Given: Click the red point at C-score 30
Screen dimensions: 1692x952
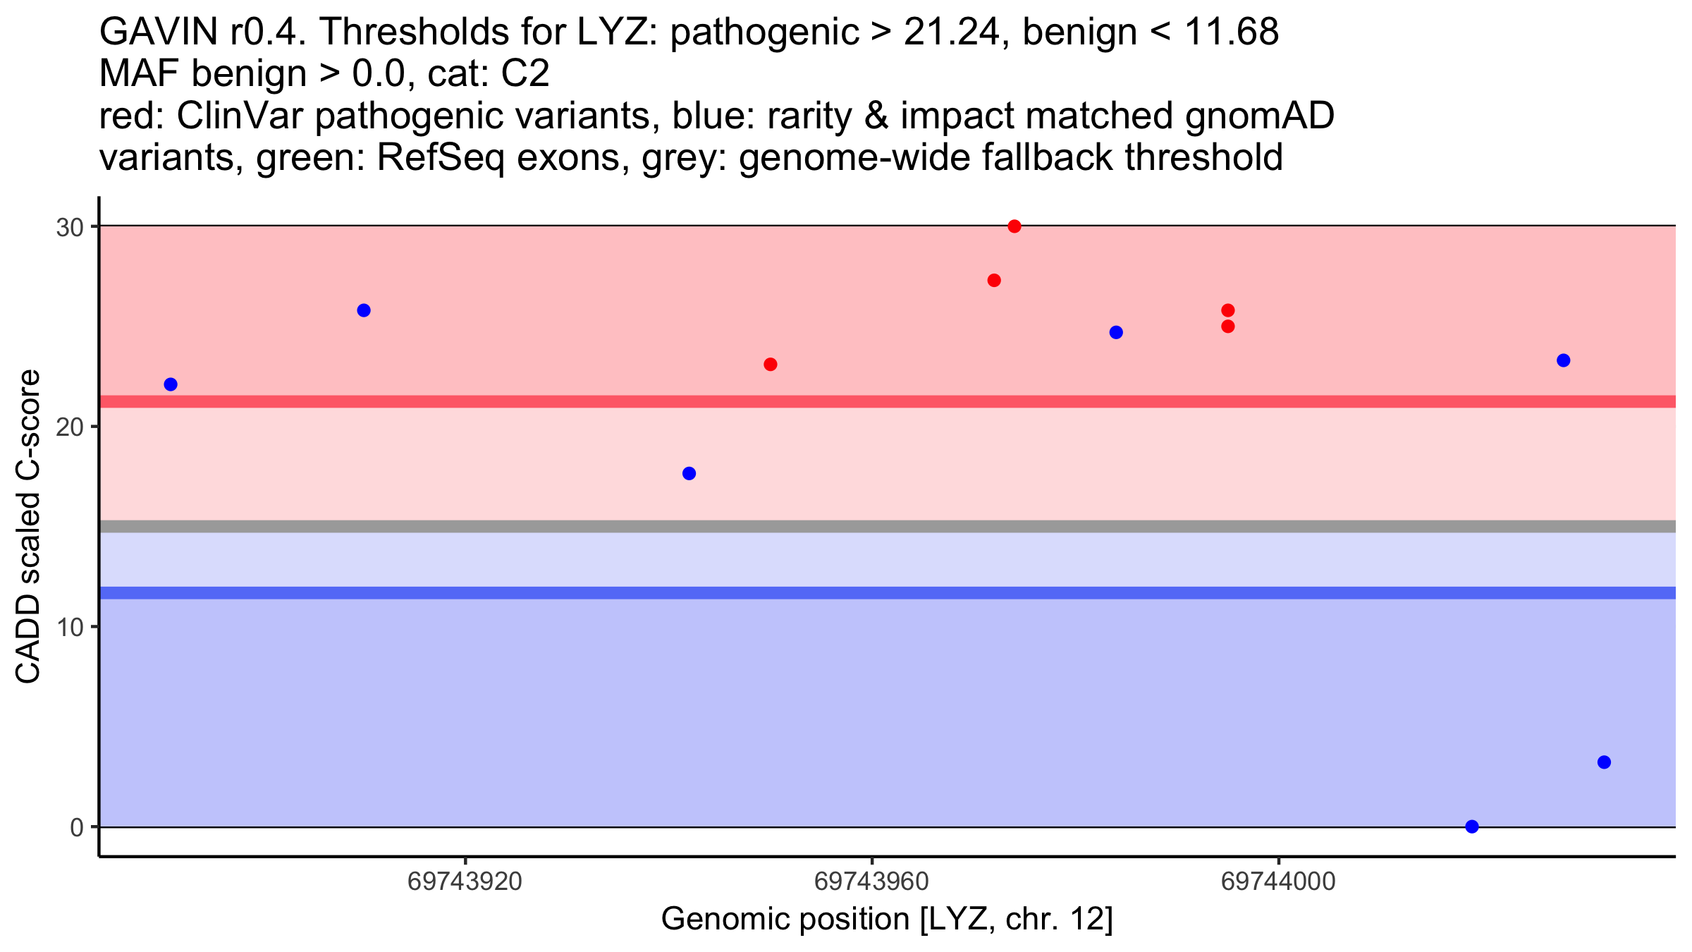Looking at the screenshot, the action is pyautogui.click(x=1014, y=226).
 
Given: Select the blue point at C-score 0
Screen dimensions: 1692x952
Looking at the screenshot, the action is pyautogui.click(x=1472, y=826).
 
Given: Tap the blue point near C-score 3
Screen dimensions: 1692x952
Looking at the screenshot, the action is pyautogui.click(x=1604, y=762).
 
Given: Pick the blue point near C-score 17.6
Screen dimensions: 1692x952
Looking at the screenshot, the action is pyautogui.click(x=689, y=473).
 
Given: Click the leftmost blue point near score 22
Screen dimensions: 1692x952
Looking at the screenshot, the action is pyautogui.click(x=171, y=384).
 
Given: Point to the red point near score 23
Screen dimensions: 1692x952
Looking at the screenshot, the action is pyautogui.click(x=771, y=365).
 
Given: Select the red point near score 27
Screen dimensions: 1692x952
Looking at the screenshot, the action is pyautogui.click(x=994, y=281).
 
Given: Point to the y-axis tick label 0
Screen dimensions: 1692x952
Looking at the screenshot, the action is pyautogui.click(x=77, y=827).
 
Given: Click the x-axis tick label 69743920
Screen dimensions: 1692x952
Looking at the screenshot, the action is pyautogui.click(x=465, y=881).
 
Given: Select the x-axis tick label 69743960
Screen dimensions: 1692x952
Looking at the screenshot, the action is pyautogui.click(x=872, y=881).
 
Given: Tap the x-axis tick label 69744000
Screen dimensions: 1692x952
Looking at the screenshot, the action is pyautogui.click(x=1279, y=881).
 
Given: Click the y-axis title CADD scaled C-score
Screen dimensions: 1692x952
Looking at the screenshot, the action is pyautogui.click(x=28, y=526).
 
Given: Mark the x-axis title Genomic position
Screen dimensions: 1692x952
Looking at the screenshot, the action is pyautogui.click(x=785, y=920).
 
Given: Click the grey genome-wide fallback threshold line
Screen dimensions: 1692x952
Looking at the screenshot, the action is pyautogui.click(x=888, y=526).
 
